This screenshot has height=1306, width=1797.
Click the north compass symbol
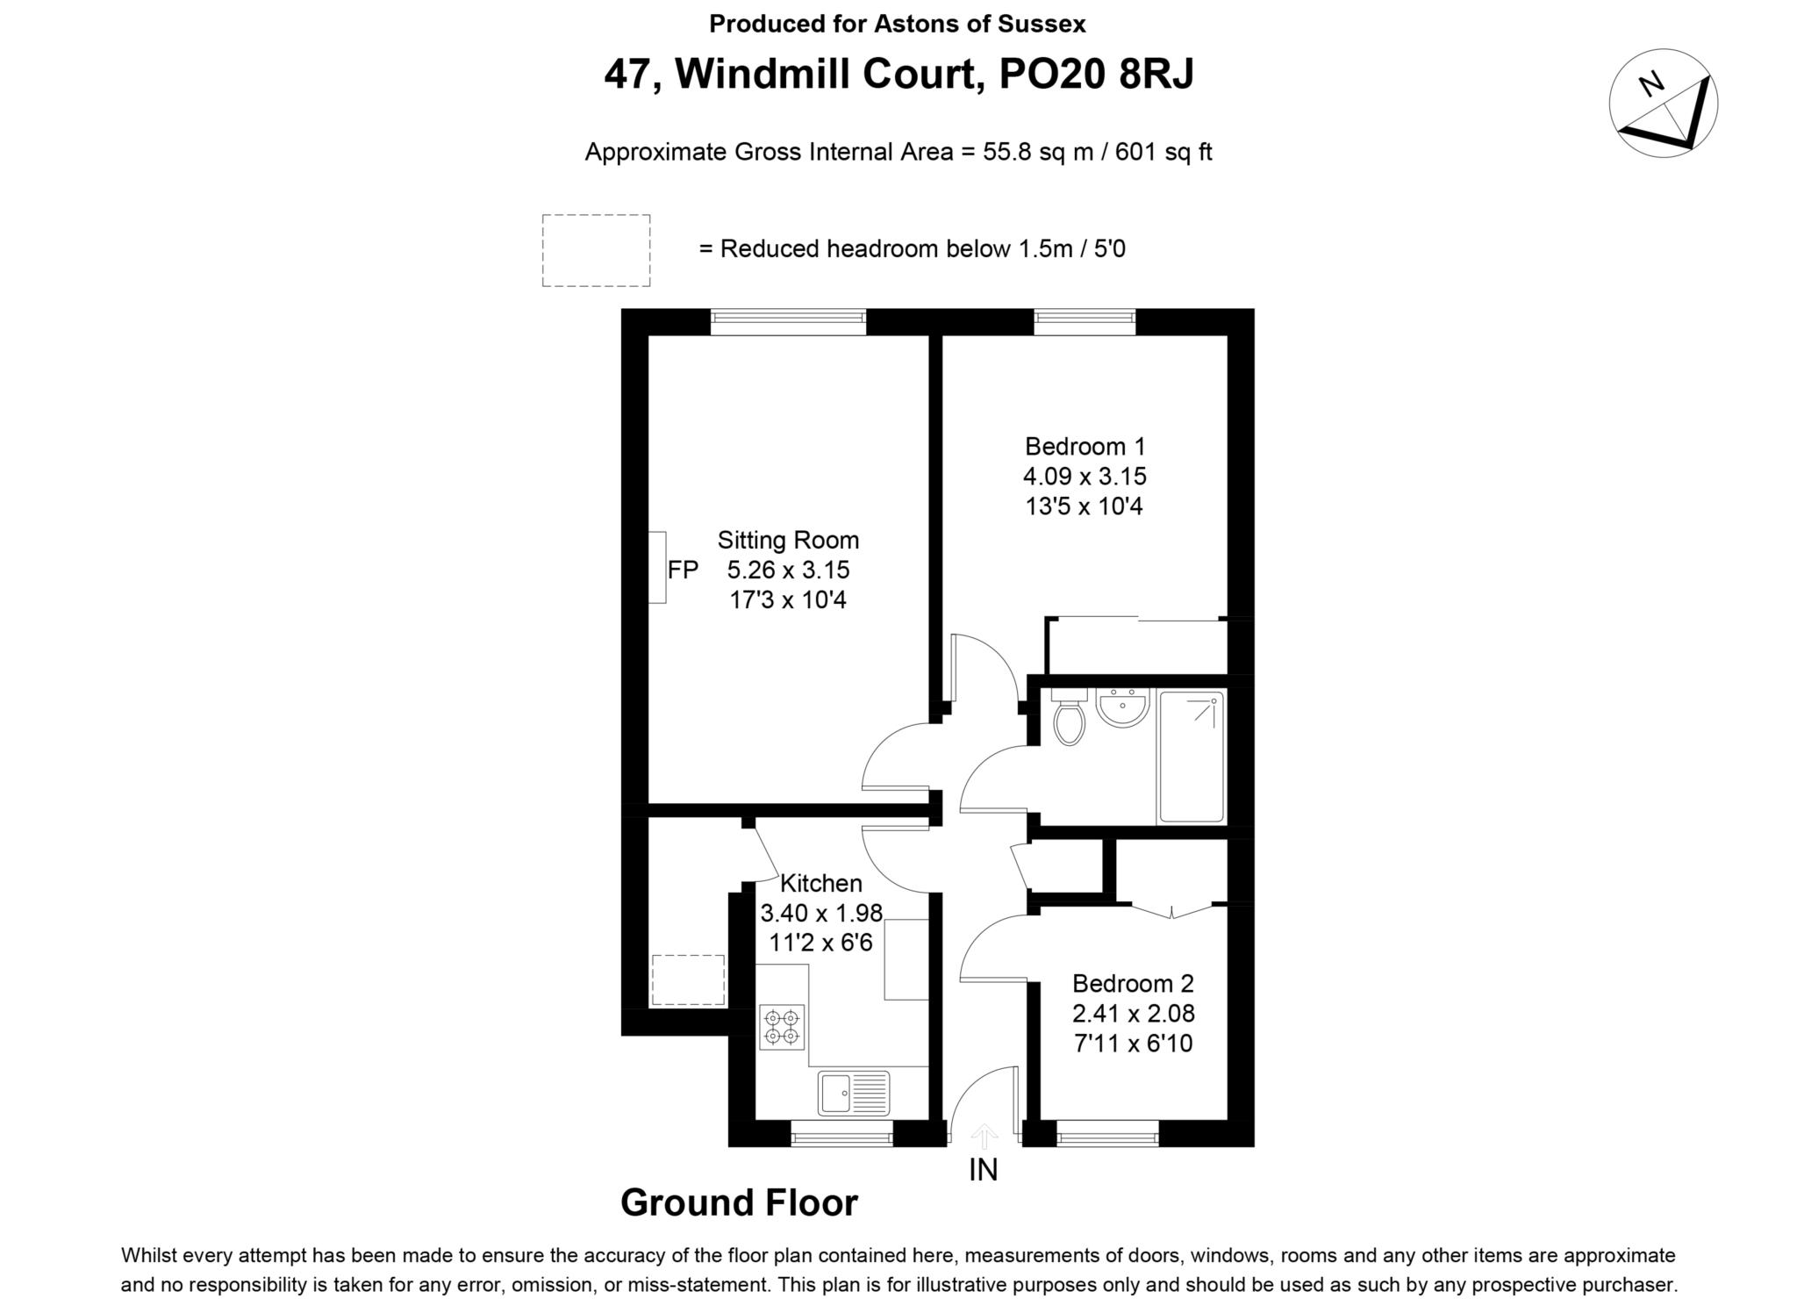click(x=1663, y=104)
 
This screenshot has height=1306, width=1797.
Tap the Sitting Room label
click(x=788, y=540)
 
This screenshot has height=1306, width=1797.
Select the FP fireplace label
click(x=684, y=570)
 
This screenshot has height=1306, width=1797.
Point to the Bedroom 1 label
click(x=1085, y=446)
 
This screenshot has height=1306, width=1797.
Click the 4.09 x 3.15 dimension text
click(x=1085, y=477)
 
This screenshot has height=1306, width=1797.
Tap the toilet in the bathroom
click(x=1069, y=718)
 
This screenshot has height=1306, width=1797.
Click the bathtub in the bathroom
click(x=1191, y=757)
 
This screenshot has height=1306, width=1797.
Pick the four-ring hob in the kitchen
click(x=782, y=1027)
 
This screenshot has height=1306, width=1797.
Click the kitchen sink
click(x=854, y=1093)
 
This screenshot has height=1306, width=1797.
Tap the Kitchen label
click(x=821, y=883)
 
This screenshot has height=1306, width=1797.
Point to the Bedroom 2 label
click(x=1134, y=984)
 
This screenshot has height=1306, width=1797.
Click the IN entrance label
click(x=984, y=1170)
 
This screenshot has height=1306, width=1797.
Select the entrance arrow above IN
click(x=984, y=1136)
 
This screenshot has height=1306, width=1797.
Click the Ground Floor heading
click(x=739, y=1202)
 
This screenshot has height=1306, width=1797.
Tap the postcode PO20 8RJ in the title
click(x=1097, y=75)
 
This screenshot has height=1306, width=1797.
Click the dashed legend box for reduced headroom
click(x=596, y=250)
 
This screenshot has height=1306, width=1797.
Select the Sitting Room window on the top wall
click(x=788, y=322)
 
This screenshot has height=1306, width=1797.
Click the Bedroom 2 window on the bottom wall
click(x=1108, y=1134)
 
